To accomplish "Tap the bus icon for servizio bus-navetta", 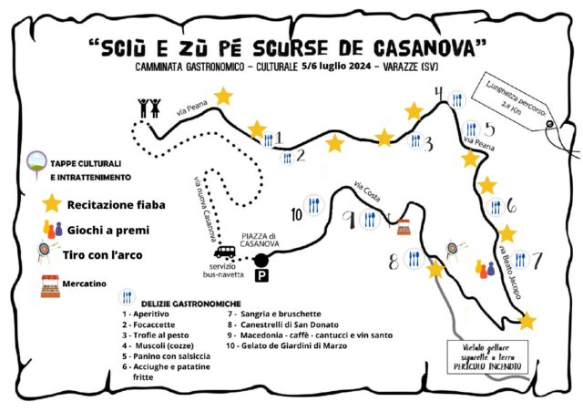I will [x=223, y=253].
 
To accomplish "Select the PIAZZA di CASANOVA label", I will [x=259, y=240].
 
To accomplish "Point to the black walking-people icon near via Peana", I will [x=149, y=108].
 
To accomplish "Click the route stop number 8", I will [x=394, y=262].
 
